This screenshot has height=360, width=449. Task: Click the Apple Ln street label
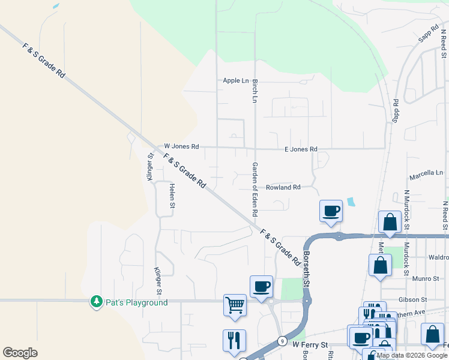tap(235, 80)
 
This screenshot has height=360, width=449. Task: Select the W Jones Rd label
tap(181, 146)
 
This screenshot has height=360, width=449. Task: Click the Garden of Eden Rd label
tap(255, 189)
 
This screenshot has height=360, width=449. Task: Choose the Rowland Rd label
tap(283, 187)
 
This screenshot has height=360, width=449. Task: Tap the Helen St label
tap(172, 196)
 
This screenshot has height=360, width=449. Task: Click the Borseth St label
tap(306, 269)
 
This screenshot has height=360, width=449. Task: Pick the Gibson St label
tap(412, 299)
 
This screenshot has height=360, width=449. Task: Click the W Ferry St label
tap(310, 344)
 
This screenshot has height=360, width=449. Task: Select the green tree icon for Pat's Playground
tap(96, 301)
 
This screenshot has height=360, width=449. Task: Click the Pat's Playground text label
tap(136, 302)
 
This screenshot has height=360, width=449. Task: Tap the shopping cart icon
tap(235, 304)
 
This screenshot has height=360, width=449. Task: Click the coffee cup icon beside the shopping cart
tap(261, 286)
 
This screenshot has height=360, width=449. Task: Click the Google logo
tap(20, 353)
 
